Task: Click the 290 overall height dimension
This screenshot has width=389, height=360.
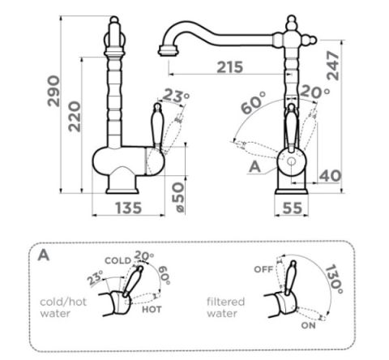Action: point(53,91)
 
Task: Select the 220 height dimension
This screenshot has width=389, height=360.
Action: point(75,117)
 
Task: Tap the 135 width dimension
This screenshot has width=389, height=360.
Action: point(128,208)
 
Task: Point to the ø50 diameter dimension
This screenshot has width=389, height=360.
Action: point(178,196)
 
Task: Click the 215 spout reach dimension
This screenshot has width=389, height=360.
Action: point(230,67)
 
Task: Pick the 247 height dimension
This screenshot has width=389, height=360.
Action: point(333,66)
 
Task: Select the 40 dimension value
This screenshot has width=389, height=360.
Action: point(330,176)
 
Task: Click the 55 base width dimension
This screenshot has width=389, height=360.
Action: point(293,208)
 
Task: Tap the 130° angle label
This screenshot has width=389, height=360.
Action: point(334,279)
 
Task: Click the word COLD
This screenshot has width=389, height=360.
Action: point(118,260)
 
